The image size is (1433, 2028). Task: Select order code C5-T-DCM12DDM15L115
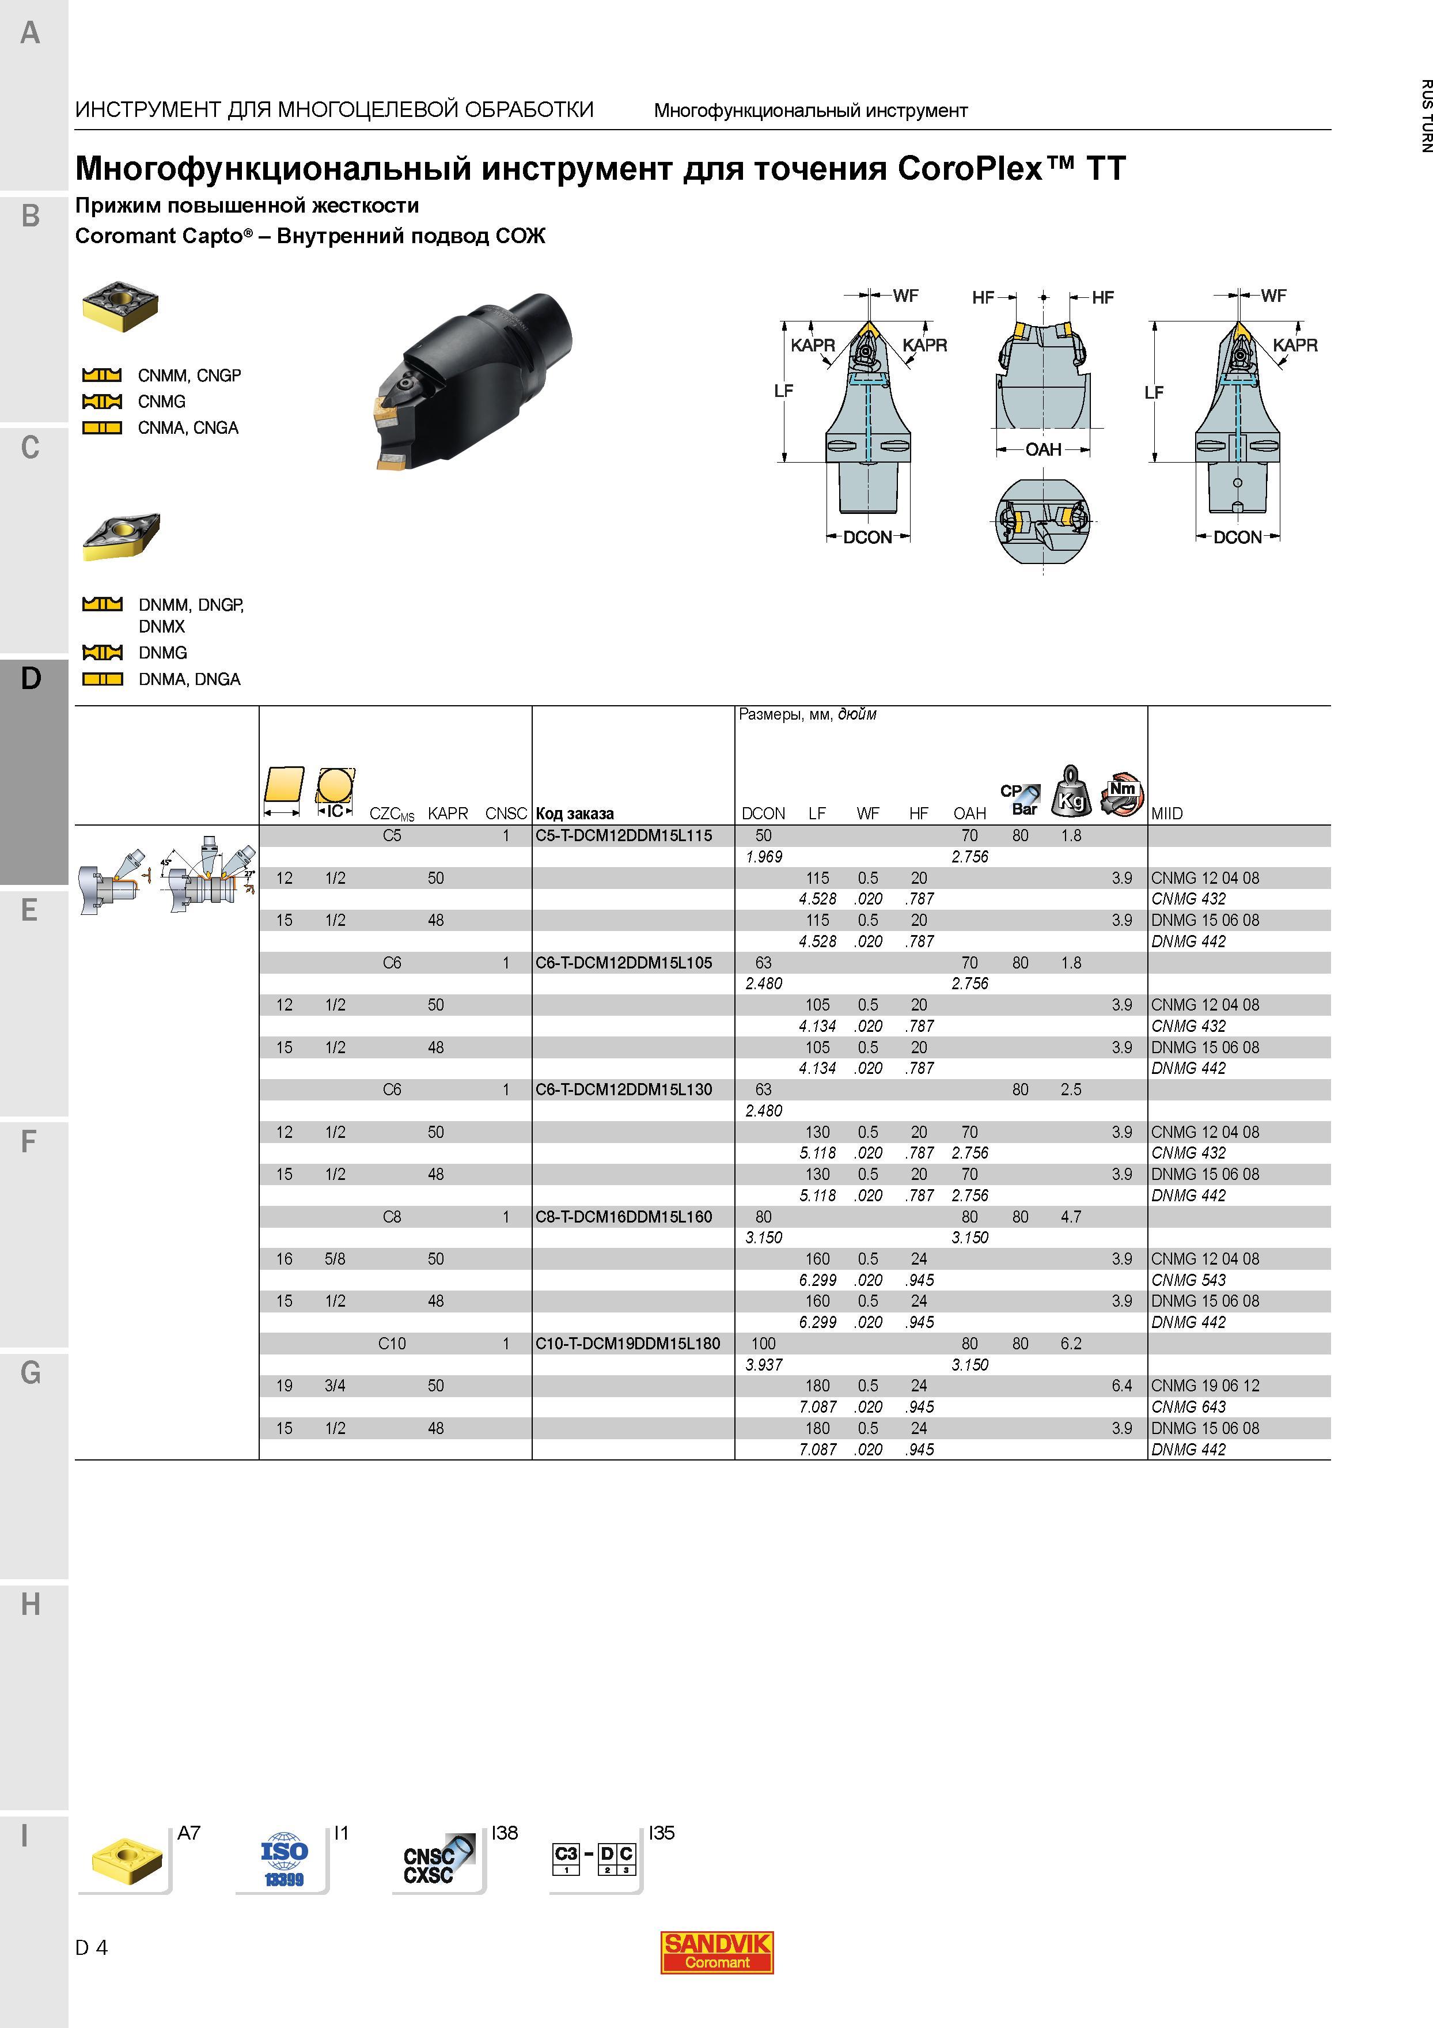pos(623,835)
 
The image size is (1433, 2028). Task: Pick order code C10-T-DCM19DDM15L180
pos(628,1344)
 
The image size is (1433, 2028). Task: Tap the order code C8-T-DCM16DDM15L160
pos(623,1216)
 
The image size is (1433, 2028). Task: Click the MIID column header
pos(1166,814)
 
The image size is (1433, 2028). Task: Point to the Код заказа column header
pos(575,814)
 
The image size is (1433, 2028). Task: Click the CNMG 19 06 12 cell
pos(1205,1386)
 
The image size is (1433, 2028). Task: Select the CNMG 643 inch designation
pos(1188,1407)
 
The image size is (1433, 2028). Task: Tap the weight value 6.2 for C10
pos(1071,1344)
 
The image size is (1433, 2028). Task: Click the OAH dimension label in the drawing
pos(1042,449)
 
